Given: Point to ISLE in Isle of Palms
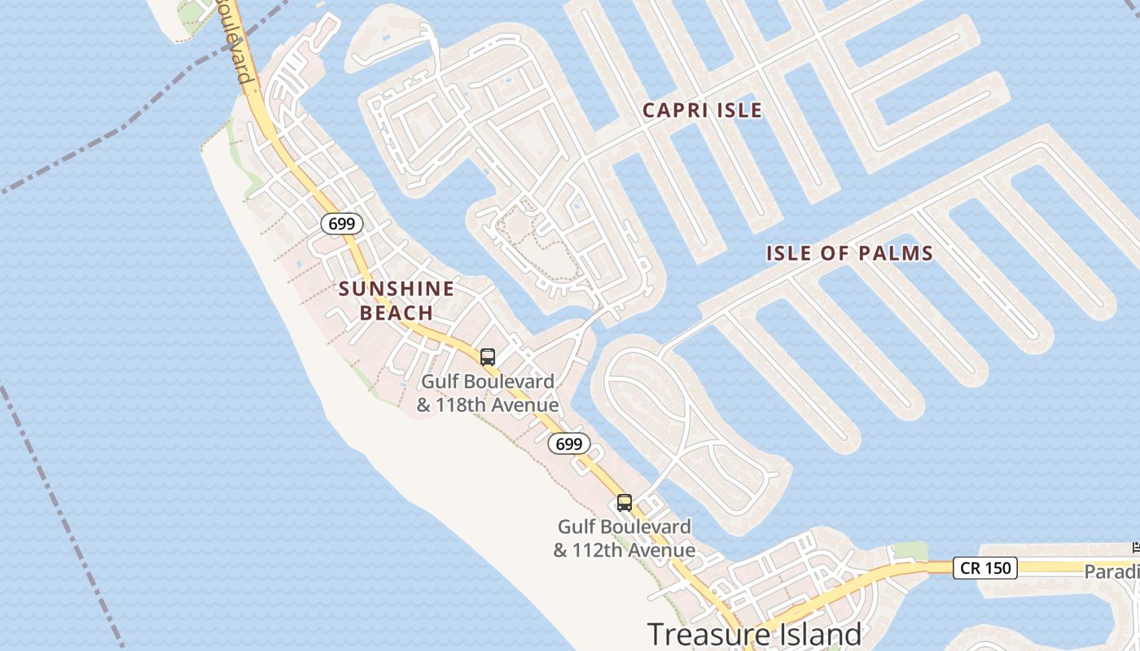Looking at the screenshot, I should tap(789, 253).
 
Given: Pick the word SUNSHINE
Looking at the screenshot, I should tap(397, 289).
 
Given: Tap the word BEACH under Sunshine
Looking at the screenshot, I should tap(397, 313).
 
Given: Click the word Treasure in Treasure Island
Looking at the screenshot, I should tap(705, 634).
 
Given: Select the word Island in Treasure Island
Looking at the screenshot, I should tap(814, 634).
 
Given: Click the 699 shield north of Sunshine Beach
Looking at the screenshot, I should tap(342, 223).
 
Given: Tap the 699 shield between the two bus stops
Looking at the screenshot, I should tap(568, 443).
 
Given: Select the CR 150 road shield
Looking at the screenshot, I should tap(985, 567).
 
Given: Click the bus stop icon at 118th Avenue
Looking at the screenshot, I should tap(488, 356).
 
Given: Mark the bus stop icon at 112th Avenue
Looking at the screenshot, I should tap(625, 502).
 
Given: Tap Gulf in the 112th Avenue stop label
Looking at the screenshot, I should tap(576, 527).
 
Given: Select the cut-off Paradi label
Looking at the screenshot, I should tap(1111, 572).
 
